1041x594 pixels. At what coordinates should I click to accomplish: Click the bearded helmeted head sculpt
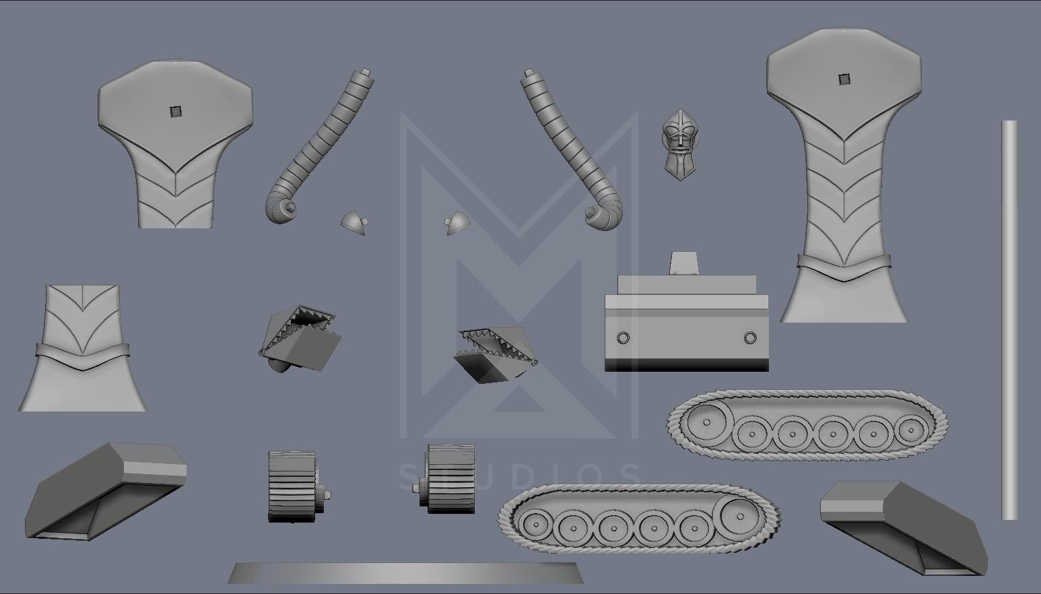679,145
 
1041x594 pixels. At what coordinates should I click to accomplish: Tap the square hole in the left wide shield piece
175,112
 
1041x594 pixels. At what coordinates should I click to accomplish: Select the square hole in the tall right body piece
844,79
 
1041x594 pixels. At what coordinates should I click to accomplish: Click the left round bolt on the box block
623,337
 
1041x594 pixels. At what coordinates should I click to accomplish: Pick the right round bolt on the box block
750,337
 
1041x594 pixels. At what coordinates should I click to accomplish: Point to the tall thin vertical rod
1009,320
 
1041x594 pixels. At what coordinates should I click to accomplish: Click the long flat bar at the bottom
406,573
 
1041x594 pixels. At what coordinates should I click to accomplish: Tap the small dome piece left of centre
354,223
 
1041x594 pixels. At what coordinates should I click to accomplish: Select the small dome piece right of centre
457,223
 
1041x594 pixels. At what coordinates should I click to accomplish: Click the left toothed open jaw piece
300,338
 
